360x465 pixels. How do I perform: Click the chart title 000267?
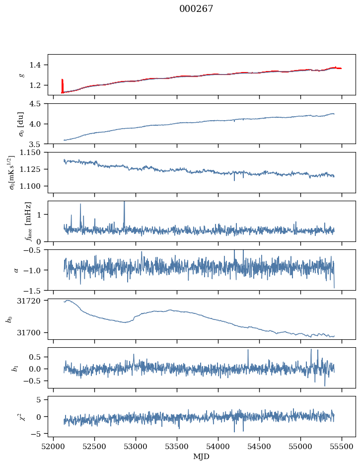coord(196,9)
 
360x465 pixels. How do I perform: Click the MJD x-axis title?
coord(201,457)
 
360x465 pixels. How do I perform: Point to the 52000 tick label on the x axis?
coord(53,447)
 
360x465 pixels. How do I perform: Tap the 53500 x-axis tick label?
coord(177,447)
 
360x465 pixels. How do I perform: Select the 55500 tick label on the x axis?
coord(342,447)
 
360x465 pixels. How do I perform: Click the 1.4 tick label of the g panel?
coord(35,65)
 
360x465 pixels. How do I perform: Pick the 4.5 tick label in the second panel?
coord(35,104)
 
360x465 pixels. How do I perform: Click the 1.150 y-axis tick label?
coord(30,153)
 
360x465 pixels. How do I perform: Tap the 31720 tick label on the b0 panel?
coord(29,301)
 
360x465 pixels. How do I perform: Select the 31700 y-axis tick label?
coord(29,333)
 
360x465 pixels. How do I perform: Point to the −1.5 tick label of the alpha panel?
coord(33,290)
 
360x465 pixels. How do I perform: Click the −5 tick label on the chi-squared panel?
coord(36,434)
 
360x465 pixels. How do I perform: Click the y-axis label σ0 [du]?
coord(21,124)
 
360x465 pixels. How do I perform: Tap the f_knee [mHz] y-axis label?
coord(28,221)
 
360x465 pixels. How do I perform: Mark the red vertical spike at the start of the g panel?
coord(62,86)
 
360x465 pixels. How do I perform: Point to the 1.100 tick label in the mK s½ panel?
coord(30,186)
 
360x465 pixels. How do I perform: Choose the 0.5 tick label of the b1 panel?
coord(35,357)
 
